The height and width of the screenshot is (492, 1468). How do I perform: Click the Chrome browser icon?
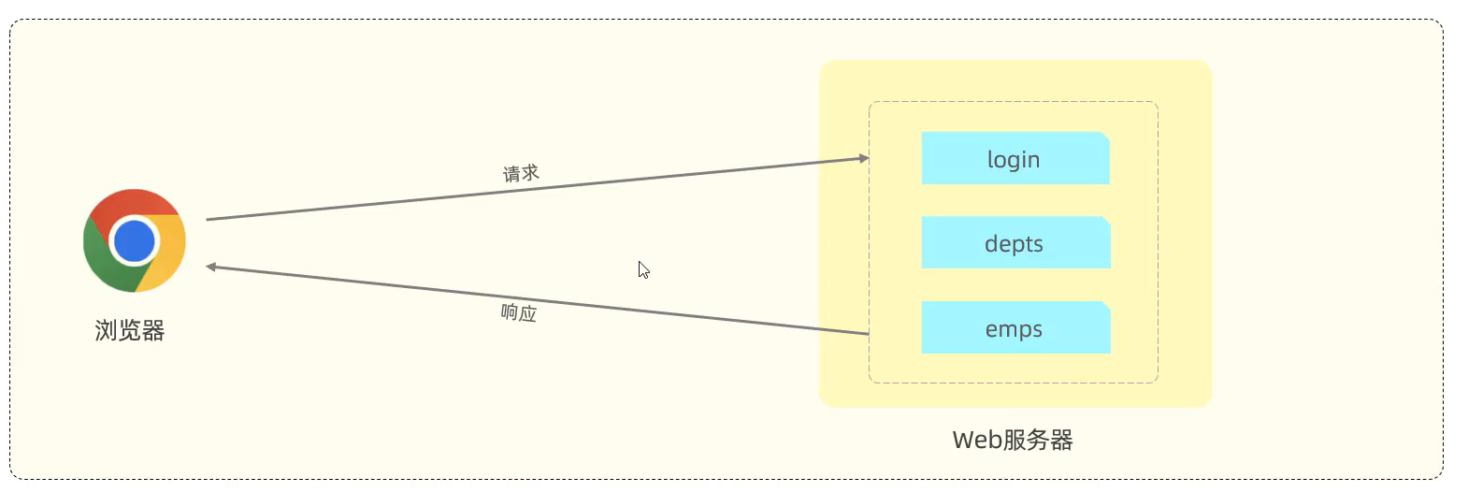tap(135, 240)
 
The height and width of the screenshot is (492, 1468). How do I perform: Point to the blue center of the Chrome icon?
tap(135, 240)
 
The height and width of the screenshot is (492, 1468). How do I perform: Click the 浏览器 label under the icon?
tap(130, 330)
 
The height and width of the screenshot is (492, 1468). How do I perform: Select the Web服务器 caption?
tap(1013, 440)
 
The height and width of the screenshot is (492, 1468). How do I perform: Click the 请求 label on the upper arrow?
tap(521, 173)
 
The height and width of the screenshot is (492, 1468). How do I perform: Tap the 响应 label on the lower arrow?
tap(519, 312)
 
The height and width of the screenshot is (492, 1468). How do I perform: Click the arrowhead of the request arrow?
tap(864, 158)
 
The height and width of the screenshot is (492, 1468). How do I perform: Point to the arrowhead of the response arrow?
tap(211, 267)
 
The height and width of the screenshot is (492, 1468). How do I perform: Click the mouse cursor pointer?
tap(643, 269)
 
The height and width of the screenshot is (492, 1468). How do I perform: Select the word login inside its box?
tap(1014, 160)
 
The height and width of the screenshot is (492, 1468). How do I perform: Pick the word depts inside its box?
tap(1014, 244)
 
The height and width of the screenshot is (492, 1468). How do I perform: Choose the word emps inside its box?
tap(1014, 329)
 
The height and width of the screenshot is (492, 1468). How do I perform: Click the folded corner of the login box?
tap(1105, 137)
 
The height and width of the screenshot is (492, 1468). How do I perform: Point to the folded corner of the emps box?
tap(1106, 306)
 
